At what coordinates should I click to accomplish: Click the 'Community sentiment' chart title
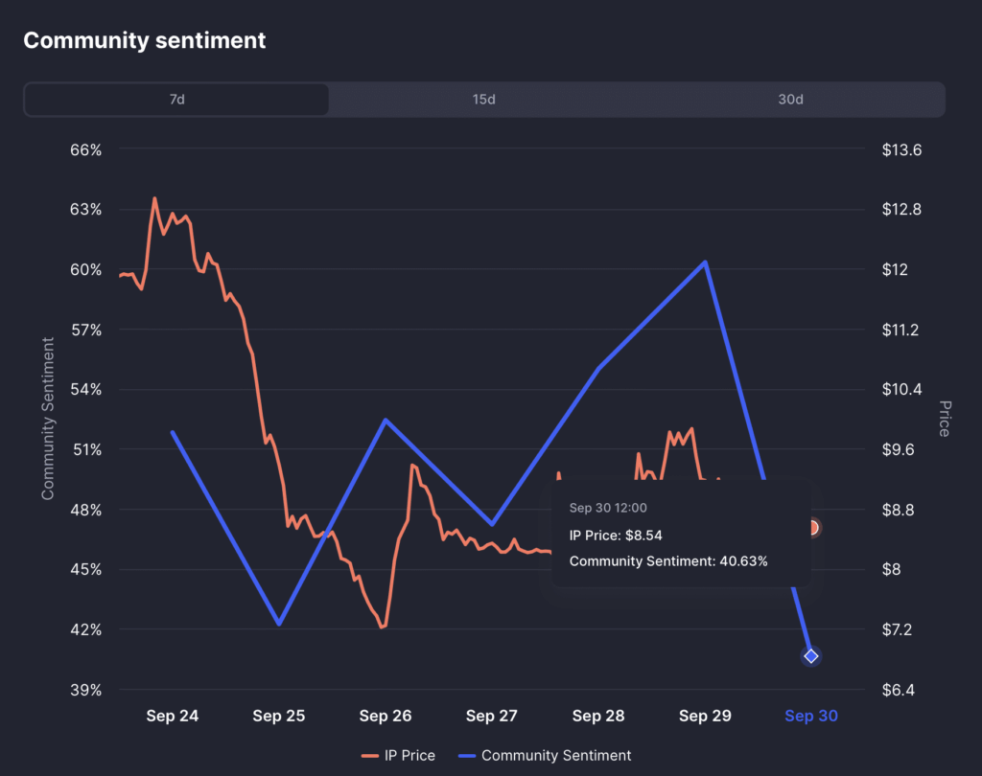[145, 40]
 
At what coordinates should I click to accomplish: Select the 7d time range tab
[176, 100]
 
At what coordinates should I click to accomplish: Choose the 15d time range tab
[483, 100]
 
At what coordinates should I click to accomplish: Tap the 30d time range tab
[790, 100]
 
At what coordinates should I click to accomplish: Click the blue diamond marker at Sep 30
[811, 656]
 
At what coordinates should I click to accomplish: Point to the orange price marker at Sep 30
[812, 528]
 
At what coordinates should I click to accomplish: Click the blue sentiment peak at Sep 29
[706, 262]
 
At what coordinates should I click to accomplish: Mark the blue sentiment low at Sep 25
[279, 624]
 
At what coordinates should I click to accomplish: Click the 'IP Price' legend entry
[398, 756]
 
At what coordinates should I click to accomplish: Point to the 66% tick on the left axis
[84, 150]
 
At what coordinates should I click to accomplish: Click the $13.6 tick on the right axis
[902, 150]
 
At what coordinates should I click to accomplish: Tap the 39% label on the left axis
[84, 690]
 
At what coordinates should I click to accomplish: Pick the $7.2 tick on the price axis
[901, 629]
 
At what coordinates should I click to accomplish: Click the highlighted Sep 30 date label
[811, 717]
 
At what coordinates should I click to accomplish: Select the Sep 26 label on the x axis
[386, 717]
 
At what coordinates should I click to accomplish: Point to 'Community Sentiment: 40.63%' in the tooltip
[668, 561]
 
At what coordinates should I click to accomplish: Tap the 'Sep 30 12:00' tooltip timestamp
[608, 508]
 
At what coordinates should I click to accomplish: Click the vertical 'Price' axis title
[944, 419]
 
